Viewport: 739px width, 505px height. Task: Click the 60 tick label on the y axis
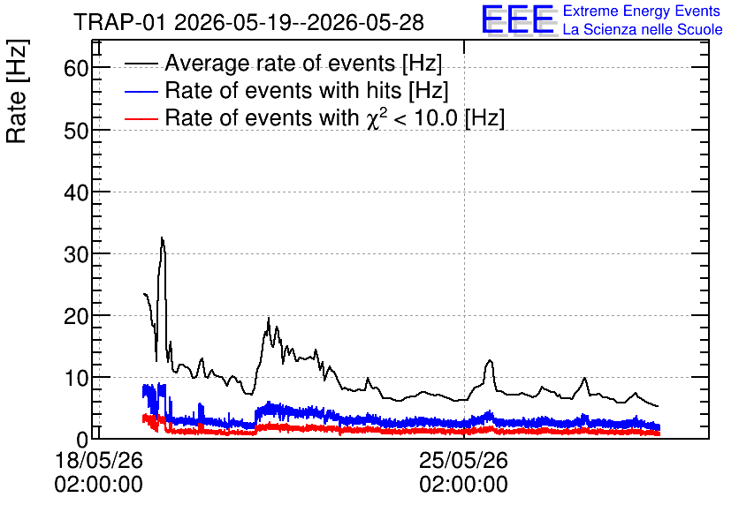click(76, 69)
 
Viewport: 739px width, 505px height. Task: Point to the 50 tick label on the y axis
click(76, 131)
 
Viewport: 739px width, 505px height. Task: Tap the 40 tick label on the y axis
click(76, 192)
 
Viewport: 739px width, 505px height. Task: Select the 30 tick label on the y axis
click(76, 254)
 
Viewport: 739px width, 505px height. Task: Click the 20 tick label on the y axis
click(76, 317)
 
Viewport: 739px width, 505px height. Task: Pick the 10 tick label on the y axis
click(76, 379)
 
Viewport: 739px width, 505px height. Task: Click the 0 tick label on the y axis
click(82, 440)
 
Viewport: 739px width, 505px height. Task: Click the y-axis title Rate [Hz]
click(17, 91)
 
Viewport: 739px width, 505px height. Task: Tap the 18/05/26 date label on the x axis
click(99, 460)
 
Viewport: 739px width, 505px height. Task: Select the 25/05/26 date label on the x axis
click(464, 460)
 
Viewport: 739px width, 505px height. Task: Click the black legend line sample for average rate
click(141, 64)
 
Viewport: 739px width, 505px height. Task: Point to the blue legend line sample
click(141, 91)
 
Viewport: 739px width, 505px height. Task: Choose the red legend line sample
click(141, 118)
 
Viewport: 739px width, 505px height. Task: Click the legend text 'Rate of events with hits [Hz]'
click(307, 91)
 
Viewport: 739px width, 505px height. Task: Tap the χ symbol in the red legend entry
click(373, 119)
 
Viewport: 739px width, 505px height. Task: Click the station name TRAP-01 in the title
click(120, 23)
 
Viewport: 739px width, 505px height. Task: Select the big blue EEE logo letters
click(518, 19)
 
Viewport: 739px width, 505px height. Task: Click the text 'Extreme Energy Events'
click(642, 11)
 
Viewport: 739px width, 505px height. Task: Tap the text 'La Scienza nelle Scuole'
click(643, 30)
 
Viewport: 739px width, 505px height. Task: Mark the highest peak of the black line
click(162, 237)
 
